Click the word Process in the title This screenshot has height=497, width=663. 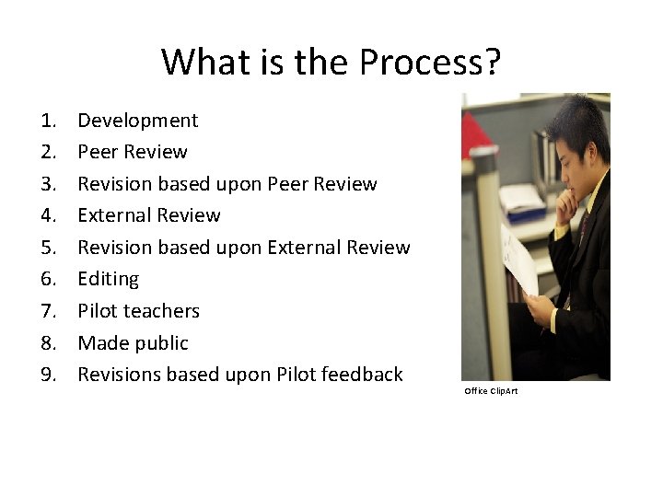(x=430, y=63)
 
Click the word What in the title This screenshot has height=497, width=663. (x=202, y=63)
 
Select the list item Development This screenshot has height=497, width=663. (x=137, y=121)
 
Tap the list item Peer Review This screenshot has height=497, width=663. (x=132, y=152)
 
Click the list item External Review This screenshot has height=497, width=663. (x=148, y=215)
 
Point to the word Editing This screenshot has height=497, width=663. (x=108, y=279)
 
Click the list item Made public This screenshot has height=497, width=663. (x=133, y=343)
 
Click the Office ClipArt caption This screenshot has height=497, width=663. (x=491, y=391)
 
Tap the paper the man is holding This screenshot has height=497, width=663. (x=520, y=262)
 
